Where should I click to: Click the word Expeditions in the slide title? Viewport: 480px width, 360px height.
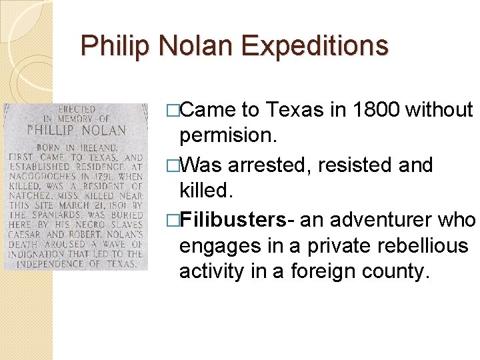pyautogui.click(x=315, y=46)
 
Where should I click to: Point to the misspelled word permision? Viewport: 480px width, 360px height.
pyautogui.click(x=226, y=135)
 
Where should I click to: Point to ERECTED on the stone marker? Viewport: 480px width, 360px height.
pyautogui.click(x=77, y=109)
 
